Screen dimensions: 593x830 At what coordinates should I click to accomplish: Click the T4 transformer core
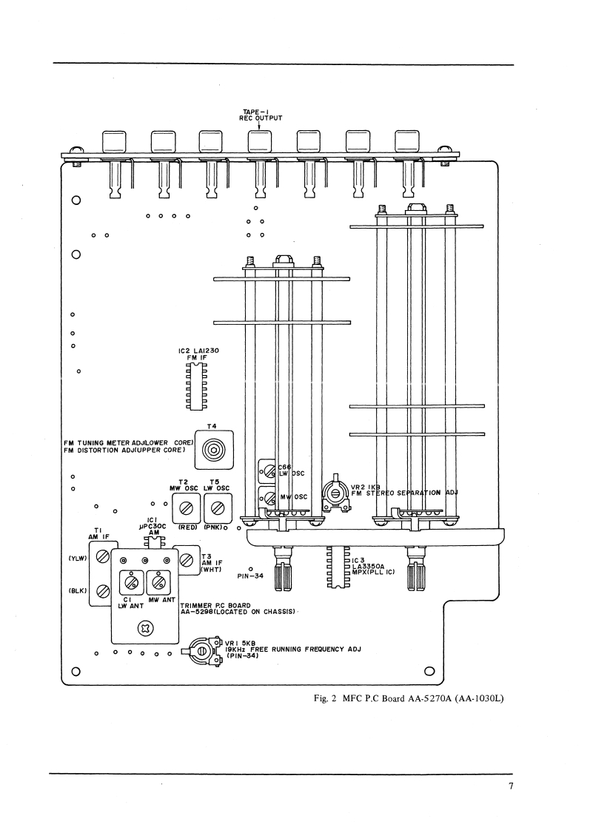click(213, 450)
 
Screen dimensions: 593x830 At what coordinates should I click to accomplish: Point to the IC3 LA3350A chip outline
click(337, 567)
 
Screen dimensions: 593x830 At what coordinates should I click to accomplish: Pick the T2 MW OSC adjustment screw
click(186, 508)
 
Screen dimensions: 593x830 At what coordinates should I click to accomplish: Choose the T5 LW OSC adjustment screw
click(217, 508)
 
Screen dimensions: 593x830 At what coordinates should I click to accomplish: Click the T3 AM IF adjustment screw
click(187, 560)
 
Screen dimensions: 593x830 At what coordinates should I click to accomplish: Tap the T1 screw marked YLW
click(103, 558)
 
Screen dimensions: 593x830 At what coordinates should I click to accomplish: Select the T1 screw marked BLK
click(103, 591)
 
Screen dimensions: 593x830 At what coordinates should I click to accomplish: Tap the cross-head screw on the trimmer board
click(145, 629)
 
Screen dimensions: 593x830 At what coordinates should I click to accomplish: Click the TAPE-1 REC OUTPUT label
click(260, 115)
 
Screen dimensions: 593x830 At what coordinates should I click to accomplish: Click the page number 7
click(511, 786)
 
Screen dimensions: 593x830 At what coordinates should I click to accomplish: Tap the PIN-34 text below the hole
click(250, 576)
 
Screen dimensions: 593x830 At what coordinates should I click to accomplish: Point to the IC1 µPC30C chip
click(154, 542)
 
